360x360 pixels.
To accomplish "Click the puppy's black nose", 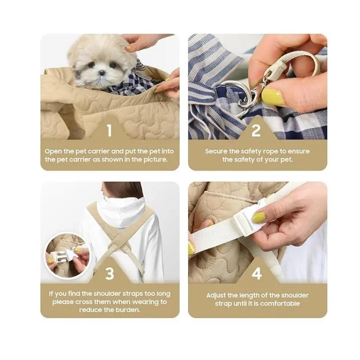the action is tap(102, 73).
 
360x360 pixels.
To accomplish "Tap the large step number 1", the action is tap(109, 130).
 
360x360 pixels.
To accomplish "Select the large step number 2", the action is tap(256, 130).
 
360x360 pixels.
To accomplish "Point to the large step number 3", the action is tap(109, 273).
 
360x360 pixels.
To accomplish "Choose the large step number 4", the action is tap(257, 273).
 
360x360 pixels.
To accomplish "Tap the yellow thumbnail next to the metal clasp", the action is tap(273, 96).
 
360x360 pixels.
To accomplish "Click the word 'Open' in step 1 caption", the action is tap(53, 152).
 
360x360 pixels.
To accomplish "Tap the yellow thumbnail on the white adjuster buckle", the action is tap(259, 217).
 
